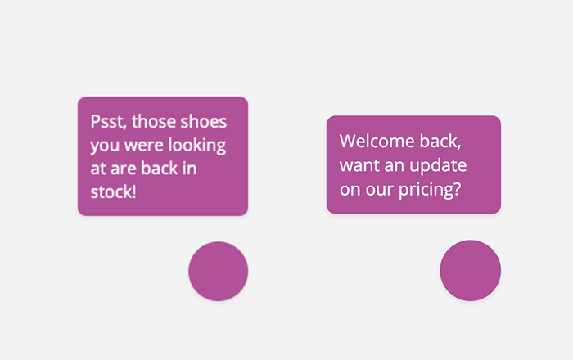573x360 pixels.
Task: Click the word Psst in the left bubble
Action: (x=109, y=122)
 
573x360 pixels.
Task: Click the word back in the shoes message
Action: (x=160, y=168)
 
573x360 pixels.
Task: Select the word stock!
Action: (x=113, y=191)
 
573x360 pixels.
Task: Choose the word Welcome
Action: (x=377, y=141)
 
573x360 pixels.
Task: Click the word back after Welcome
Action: (x=440, y=142)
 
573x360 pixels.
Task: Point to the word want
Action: (x=359, y=166)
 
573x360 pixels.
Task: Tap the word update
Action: (x=438, y=166)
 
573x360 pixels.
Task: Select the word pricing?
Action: (x=430, y=190)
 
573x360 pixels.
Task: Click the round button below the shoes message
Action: (x=219, y=272)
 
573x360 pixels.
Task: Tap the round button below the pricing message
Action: (x=471, y=271)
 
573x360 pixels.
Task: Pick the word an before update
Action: (x=395, y=166)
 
